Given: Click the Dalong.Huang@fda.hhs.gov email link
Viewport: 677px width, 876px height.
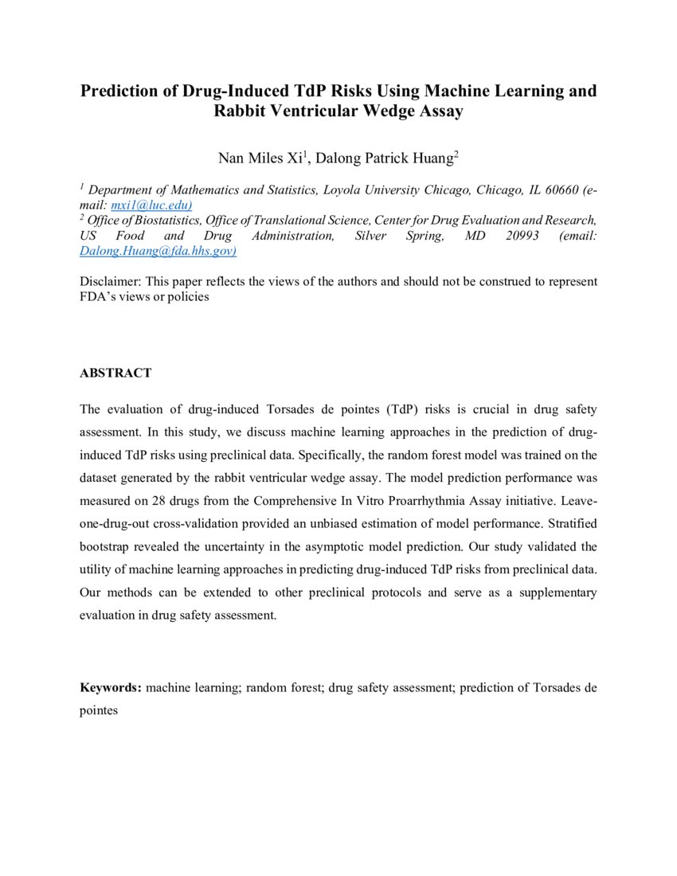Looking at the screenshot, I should point(158,250).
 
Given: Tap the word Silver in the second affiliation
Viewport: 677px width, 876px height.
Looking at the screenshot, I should point(371,236).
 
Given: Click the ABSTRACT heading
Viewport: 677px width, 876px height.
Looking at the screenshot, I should point(115,373).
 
